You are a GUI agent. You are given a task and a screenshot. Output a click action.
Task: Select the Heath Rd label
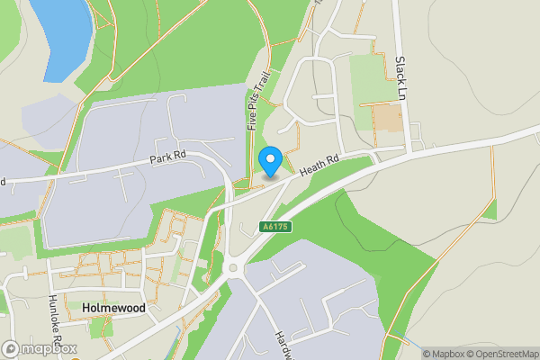319,163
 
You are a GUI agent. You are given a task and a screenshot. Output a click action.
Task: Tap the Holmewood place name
112,308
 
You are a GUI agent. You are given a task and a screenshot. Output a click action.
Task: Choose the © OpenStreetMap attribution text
503,354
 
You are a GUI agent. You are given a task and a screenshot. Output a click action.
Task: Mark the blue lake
61,36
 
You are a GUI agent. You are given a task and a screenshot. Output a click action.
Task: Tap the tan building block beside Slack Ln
388,118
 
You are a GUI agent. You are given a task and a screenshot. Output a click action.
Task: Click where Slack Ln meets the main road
411,148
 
